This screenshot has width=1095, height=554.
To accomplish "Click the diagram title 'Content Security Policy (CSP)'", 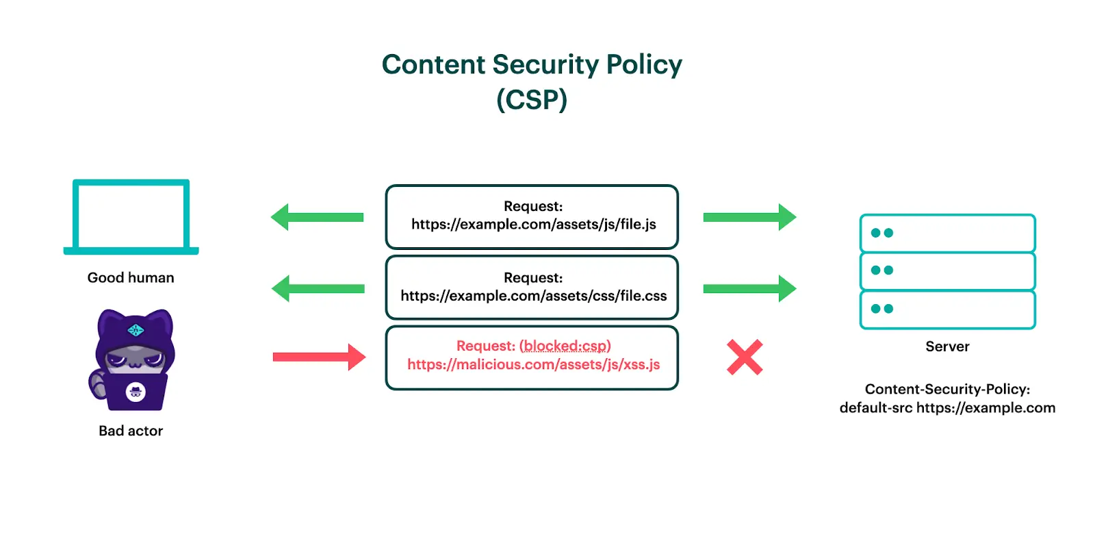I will [x=532, y=81].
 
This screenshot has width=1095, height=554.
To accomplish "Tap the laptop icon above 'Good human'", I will [x=131, y=217].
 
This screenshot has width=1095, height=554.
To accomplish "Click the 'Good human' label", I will [x=131, y=277].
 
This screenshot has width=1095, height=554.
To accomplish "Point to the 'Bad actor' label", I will [x=131, y=431].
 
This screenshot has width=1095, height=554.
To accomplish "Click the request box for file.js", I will [x=532, y=216].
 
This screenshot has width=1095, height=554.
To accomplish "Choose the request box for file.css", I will [x=532, y=288].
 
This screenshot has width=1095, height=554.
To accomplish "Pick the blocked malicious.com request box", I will [x=532, y=357].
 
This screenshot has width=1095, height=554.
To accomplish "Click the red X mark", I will [x=745, y=357].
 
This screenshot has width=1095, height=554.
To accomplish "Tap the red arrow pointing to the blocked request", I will [x=319, y=357].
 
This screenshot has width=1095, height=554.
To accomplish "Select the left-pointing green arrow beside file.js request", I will [x=318, y=217].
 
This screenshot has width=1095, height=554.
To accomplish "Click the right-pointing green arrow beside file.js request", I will [x=749, y=217].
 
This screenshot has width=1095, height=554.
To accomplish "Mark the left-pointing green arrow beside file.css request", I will [x=318, y=288].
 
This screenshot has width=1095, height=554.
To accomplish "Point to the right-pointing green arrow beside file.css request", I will [x=749, y=288].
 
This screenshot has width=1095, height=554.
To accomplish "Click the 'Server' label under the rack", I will [x=947, y=347].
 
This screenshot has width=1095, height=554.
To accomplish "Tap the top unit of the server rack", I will [x=947, y=233].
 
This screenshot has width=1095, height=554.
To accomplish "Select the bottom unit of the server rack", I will [x=947, y=310].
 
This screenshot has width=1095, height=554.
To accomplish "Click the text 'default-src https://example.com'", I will [x=947, y=408].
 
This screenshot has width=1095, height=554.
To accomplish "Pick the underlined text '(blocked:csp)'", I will [x=565, y=346].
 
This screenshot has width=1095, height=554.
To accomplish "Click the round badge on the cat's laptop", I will [x=136, y=392].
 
